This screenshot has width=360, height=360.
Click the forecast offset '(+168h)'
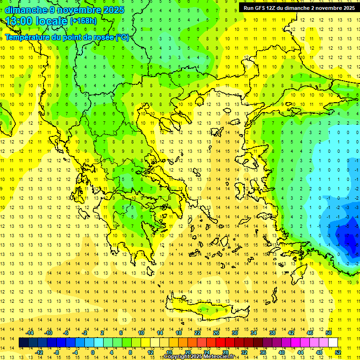[x=83, y=22]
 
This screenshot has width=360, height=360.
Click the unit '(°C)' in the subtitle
[x=122, y=37]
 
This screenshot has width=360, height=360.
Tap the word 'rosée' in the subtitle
[x=103, y=37]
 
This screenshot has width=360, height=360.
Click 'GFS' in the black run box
[x=262, y=8]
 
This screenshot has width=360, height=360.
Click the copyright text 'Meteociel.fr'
[x=217, y=357]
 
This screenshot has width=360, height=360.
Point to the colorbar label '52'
[x=338, y=352]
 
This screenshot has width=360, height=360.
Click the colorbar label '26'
[x=216, y=333]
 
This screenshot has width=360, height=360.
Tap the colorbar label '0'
[x=92, y=352]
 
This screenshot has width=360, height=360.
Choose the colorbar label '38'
[x=272, y=333]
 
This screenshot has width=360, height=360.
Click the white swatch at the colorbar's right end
[x=333, y=343]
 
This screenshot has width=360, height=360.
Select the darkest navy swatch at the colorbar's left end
[x=24, y=343]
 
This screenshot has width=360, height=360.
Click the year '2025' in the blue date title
[x=113, y=10]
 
